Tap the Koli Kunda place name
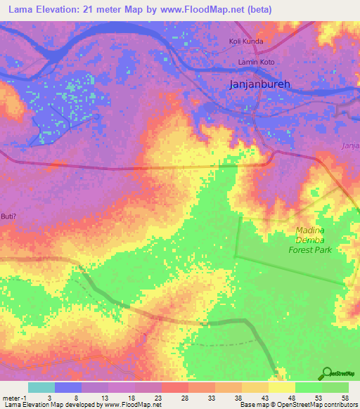[x=245, y=41]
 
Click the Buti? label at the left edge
[x=8, y=216]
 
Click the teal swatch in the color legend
[x=41, y=387]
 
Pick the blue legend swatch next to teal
[x=67, y=387]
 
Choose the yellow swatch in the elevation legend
[x=282, y=387]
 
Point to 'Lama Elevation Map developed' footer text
[x=42, y=405]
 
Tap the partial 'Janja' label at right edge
[x=350, y=145]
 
